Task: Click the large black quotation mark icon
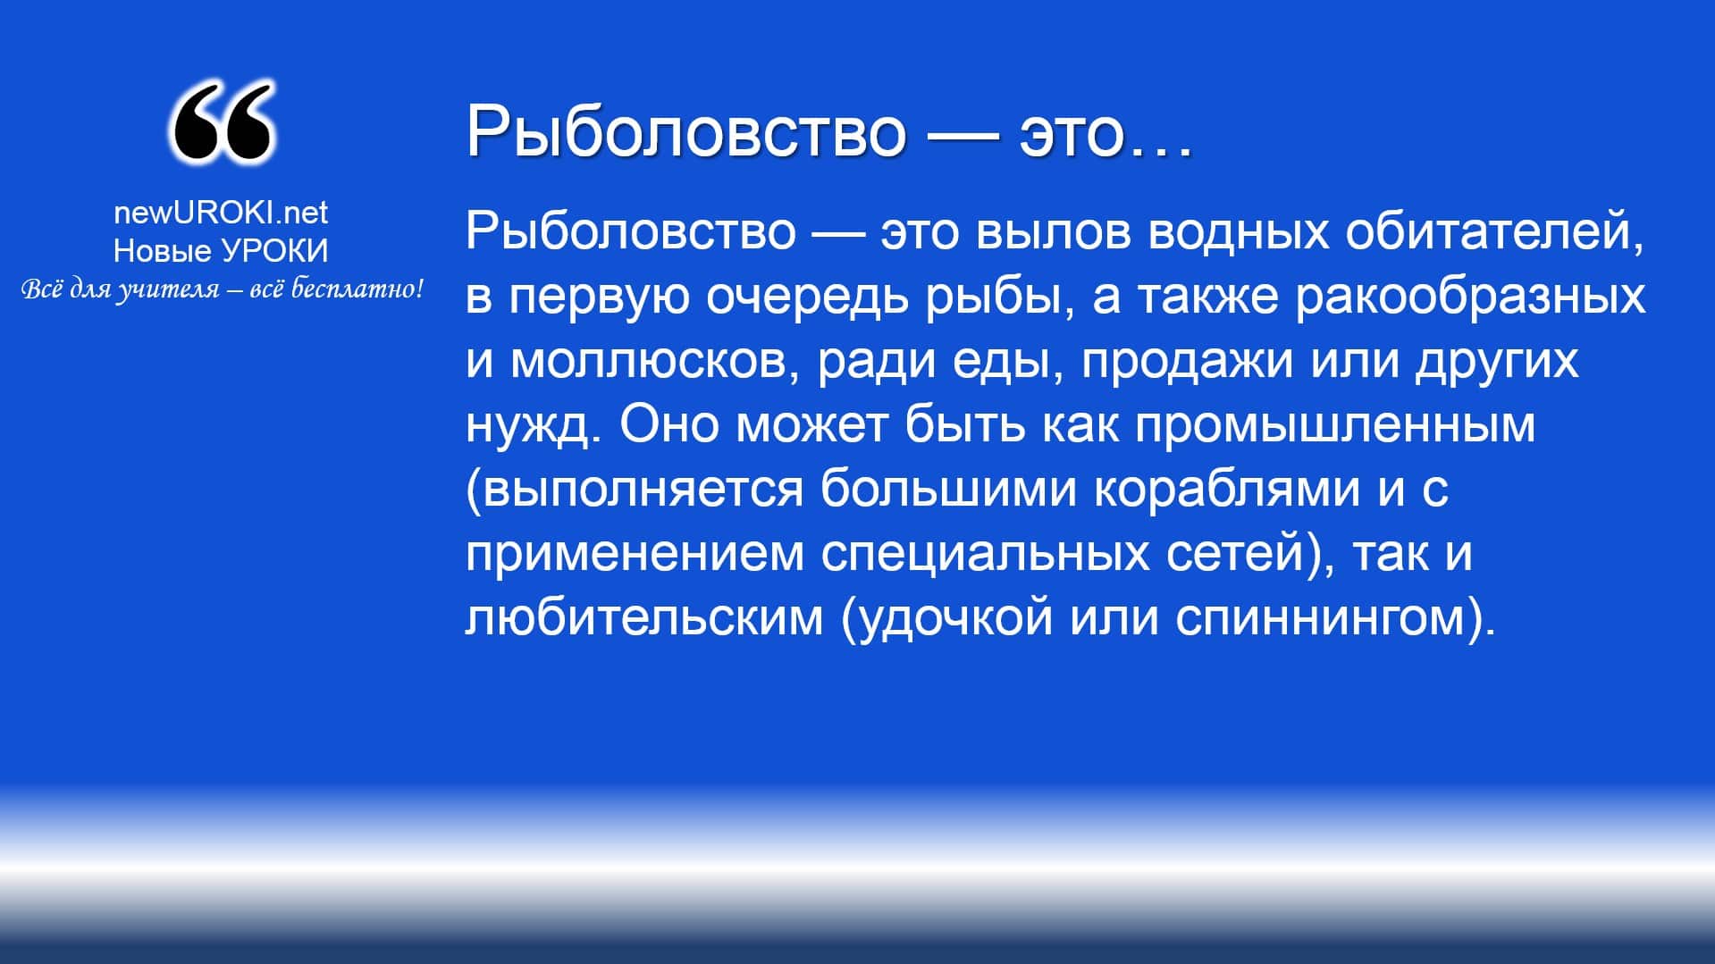[x=221, y=122]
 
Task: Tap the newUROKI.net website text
[x=221, y=213]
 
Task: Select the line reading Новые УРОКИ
[x=221, y=251]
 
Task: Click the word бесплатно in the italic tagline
[x=357, y=289]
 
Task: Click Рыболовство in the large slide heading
[x=685, y=130]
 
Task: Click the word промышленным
[x=1336, y=426]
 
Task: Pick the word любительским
[x=643, y=617]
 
